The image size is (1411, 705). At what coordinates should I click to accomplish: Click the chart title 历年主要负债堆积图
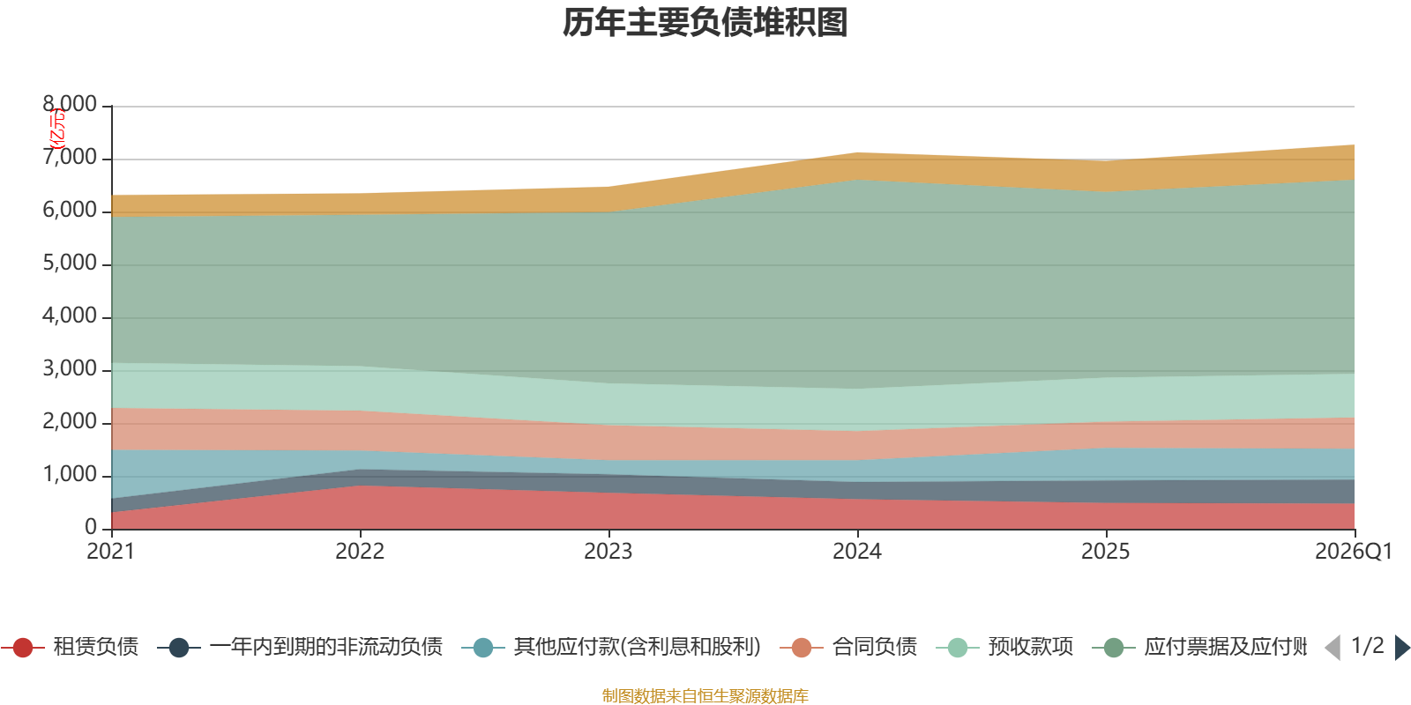[x=705, y=23]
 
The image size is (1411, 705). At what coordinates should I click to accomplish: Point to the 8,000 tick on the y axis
[x=70, y=105]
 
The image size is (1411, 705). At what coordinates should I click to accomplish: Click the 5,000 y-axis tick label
[x=70, y=263]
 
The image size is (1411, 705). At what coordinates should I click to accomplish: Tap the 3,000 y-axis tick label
[x=70, y=369]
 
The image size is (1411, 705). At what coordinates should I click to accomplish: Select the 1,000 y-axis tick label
[x=70, y=475]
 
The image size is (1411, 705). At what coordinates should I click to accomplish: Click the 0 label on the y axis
[x=91, y=527]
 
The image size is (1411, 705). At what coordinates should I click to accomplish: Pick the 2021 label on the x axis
[x=110, y=552]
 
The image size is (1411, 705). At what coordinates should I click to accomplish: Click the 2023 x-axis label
[x=608, y=552]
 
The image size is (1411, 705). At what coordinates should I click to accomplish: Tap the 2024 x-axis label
[x=856, y=552]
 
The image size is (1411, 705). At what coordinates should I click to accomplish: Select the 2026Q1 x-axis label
[x=1353, y=552]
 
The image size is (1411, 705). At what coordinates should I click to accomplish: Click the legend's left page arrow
[x=1333, y=648]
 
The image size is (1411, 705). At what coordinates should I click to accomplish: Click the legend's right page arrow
[x=1402, y=648]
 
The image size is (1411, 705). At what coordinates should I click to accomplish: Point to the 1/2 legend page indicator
[x=1367, y=646]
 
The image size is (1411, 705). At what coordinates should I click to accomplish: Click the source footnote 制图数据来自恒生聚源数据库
[x=705, y=696]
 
